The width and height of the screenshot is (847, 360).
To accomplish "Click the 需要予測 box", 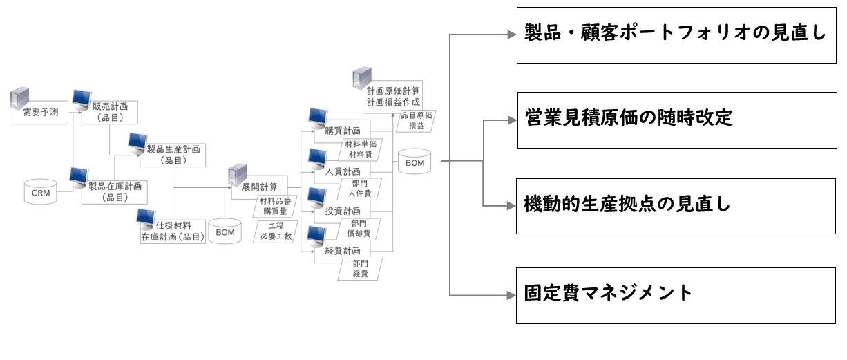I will coord(41,113).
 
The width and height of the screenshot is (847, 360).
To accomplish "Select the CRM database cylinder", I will coord(41,191).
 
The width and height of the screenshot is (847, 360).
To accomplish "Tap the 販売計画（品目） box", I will coord(109,112).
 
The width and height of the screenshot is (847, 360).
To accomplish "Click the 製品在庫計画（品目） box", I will coord(114,191).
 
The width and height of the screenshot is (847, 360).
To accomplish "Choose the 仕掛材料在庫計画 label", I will coord(173,231).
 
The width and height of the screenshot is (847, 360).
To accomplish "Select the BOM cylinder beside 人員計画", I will coord(415,163).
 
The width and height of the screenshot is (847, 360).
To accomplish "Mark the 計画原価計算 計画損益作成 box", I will coord(393,96).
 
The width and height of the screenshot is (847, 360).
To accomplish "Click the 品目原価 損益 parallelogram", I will coord(417,122).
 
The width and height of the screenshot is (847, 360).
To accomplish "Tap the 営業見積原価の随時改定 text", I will coord(628,117).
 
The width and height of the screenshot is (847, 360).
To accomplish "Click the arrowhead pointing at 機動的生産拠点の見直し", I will coord(513,206).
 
